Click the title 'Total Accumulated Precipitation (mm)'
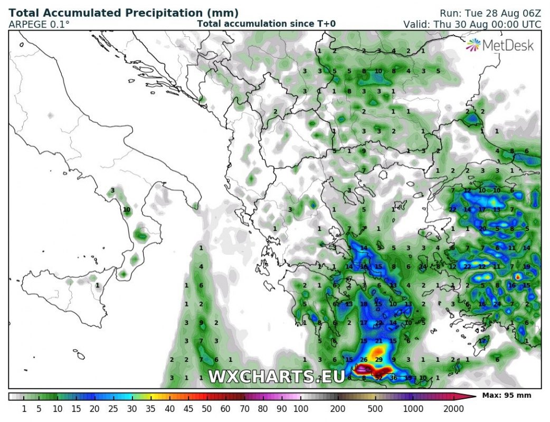pos(124,13)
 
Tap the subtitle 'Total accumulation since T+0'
pos(266,24)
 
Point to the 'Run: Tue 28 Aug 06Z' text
pos(490,13)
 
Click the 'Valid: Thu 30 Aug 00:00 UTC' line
pos(472,24)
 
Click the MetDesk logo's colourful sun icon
pos(473,45)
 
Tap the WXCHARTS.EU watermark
pos(277,377)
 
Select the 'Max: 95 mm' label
pos(507,395)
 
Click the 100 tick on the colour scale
pos(300,408)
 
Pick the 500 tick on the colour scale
pos(375,408)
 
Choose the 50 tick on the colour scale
pos(206,408)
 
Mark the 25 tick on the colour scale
pos(113,408)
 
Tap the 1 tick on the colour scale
pos(24,408)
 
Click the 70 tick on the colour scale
pos(244,408)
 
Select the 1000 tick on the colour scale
pos(413,408)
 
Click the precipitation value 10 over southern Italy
pos(127,209)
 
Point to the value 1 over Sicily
pos(97,285)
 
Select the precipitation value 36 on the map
pos(393,377)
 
